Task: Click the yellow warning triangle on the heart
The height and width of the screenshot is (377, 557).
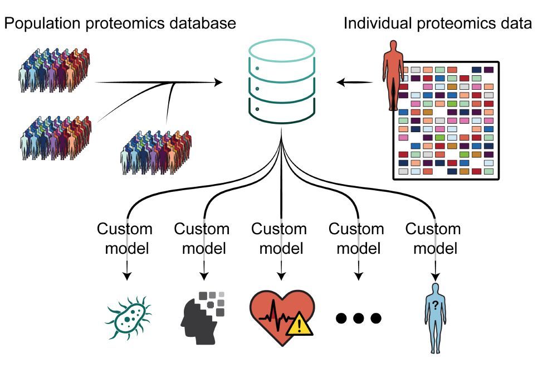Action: click(x=300, y=325)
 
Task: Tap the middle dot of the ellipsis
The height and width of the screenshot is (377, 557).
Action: click(x=358, y=318)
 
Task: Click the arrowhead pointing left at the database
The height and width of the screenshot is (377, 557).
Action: click(x=341, y=83)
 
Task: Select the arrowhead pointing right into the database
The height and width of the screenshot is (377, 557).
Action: click(x=218, y=83)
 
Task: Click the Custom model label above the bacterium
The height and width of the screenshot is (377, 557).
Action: click(x=125, y=238)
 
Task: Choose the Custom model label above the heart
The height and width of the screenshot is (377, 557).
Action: click(x=279, y=238)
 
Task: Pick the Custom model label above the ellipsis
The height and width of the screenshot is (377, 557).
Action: click(x=356, y=238)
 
